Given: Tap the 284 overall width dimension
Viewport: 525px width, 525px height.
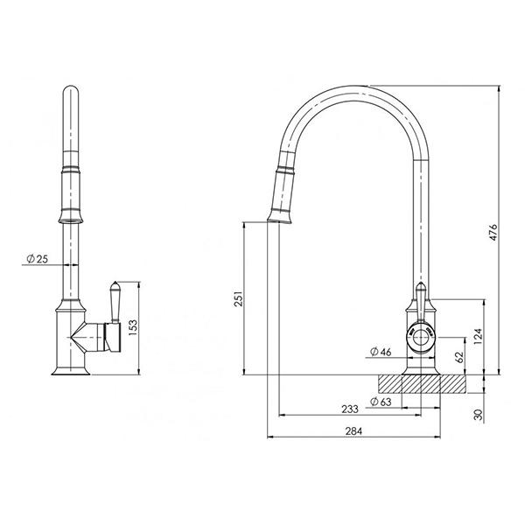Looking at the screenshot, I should pyautogui.click(x=355, y=430).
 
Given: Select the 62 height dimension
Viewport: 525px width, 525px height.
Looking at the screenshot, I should pyautogui.click(x=458, y=356).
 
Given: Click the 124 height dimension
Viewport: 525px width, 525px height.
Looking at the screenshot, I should pyautogui.click(x=478, y=337).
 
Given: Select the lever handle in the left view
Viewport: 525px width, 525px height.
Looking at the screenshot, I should pyautogui.click(x=113, y=302).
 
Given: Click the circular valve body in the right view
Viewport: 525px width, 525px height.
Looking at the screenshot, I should pyautogui.click(x=422, y=335).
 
